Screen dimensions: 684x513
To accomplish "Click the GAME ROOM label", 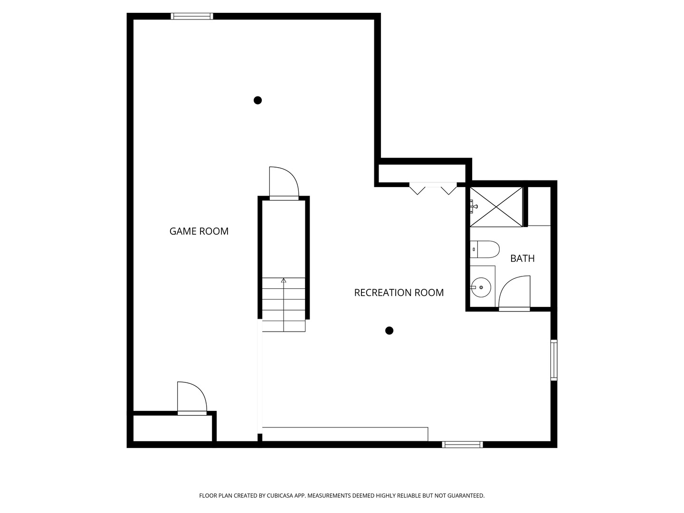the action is pyautogui.click(x=199, y=231).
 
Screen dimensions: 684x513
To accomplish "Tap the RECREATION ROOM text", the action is pyautogui.click(x=399, y=293).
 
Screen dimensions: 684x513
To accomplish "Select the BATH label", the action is pyautogui.click(x=522, y=258).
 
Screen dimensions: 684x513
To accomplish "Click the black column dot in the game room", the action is pyautogui.click(x=258, y=100).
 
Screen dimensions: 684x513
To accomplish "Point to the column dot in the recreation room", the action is pyautogui.click(x=389, y=331).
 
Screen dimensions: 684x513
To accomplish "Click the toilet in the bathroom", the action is pyautogui.click(x=484, y=249).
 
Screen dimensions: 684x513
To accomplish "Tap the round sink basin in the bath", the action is pyautogui.click(x=481, y=287).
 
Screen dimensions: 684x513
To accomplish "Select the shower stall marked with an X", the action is pyautogui.click(x=496, y=207).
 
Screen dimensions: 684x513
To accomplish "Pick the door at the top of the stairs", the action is pyautogui.click(x=284, y=183).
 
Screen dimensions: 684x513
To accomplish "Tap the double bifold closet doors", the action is pyautogui.click(x=433, y=189).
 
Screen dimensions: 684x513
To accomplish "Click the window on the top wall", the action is pyautogui.click(x=192, y=16).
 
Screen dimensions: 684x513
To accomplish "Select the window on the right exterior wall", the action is pyautogui.click(x=554, y=360).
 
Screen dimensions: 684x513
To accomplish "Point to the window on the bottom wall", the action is pyautogui.click(x=463, y=445).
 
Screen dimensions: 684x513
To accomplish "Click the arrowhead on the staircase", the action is pyautogui.click(x=284, y=280).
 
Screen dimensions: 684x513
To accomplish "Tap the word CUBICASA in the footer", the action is pyautogui.click(x=280, y=495).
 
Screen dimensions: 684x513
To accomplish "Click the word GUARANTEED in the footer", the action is pyautogui.click(x=466, y=495).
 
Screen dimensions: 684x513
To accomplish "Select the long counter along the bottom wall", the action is pyautogui.click(x=345, y=434).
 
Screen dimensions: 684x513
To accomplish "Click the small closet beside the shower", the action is pyautogui.click(x=539, y=206).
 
